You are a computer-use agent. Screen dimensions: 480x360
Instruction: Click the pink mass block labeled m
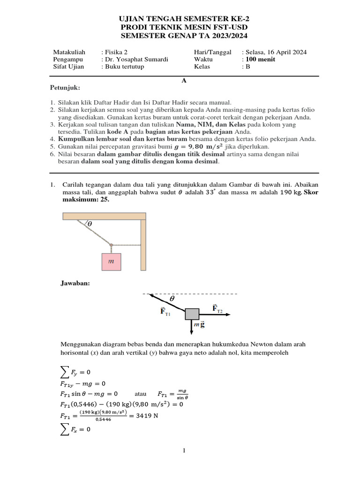(111, 262)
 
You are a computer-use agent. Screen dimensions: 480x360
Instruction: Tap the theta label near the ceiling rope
(90, 224)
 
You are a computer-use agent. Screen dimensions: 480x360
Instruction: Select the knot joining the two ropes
(111, 244)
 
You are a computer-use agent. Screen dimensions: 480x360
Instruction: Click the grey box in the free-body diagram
(192, 314)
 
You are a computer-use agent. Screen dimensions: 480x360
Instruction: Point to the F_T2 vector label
(217, 308)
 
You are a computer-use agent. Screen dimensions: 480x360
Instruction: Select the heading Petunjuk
(65, 88)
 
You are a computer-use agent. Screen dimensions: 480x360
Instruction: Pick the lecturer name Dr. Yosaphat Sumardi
(136, 60)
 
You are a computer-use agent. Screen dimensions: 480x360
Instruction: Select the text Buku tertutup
(125, 67)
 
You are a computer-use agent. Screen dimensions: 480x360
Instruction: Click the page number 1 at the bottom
(184, 450)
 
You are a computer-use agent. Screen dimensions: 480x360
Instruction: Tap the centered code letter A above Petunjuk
(184, 81)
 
